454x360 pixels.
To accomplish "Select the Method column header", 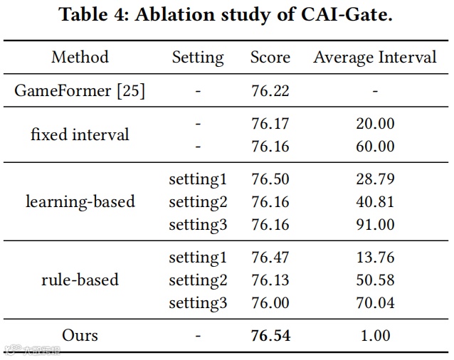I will (x=80, y=58).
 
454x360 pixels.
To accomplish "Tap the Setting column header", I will (x=198, y=58).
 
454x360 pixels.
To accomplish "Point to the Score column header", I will (x=270, y=58).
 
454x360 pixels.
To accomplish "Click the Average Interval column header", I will (x=375, y=58).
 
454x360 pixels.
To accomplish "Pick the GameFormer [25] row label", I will (x=80, y=91).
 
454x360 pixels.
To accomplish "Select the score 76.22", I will (x=270, y=91).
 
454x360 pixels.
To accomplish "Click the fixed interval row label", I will (x=80, y=134).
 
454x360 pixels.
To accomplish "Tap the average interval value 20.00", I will (x=375, y=124).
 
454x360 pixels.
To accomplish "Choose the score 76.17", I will (x=270, y=124).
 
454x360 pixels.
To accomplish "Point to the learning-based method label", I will (x=80, y=202).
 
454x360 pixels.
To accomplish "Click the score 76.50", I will (x=270, y=179).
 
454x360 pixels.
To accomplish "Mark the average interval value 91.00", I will (x=375, y=225).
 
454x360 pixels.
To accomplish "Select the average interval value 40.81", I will (x=375, y=202).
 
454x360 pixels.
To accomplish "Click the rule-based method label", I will (x=80, y=280).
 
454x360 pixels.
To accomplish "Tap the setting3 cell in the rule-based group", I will (x=198, y=303).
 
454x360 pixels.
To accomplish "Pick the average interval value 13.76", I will (x=375, y=258).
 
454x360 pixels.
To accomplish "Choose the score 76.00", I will (x=270, y=303).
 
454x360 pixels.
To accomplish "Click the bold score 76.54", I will (x=270, y=335).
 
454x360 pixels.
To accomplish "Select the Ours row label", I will (x=80, y=335).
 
